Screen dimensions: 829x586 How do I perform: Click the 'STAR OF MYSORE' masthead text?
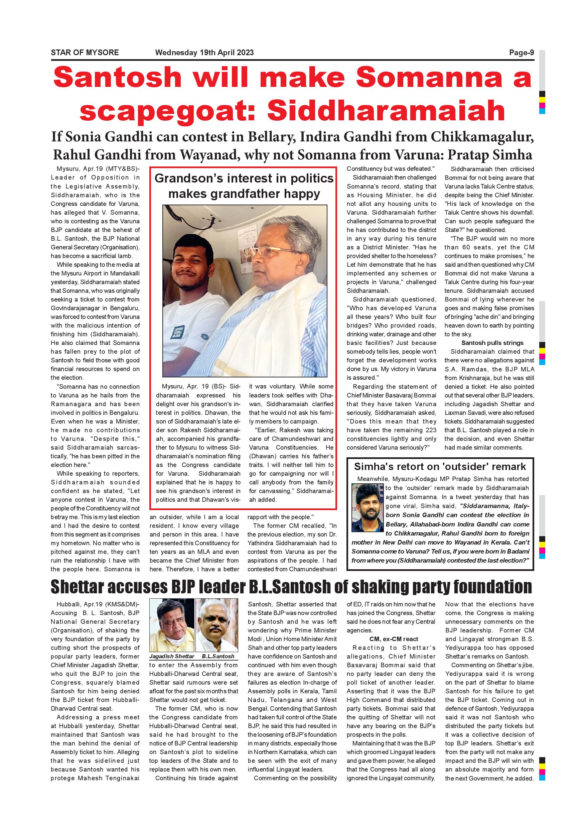pos(85,53)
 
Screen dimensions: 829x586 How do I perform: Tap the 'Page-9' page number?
pos(521,53)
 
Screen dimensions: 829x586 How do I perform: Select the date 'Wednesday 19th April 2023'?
pos(204,53)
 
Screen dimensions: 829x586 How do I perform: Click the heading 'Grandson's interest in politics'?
pos(244,179)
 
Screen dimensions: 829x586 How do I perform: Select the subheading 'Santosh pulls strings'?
pos(492,343)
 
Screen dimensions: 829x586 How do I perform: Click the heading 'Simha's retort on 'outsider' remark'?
pos(440,467)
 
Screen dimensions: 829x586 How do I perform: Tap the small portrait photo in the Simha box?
pos(367,507)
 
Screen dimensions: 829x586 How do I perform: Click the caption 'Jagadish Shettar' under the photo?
pos(172,657)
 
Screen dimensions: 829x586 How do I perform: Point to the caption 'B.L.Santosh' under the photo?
pos(218,657)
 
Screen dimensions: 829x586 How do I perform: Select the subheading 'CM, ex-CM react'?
pos(391,639)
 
